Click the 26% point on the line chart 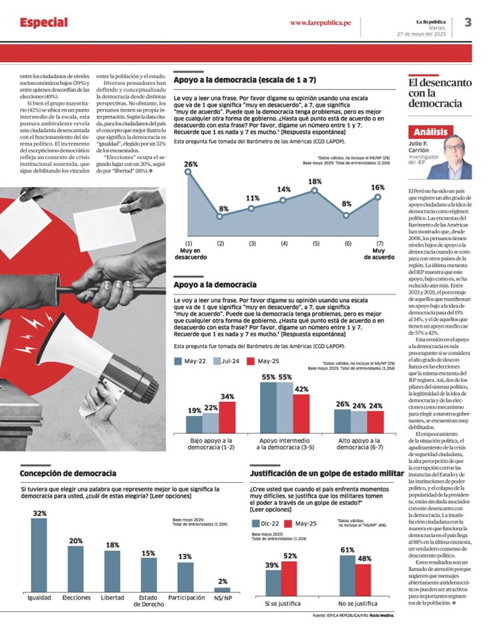pyautogui.click(x=188, y=171)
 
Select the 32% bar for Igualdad pyautogui.click(x=39, y=555)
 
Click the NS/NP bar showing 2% pyautogui.click(x=222, y=589)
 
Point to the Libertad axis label pyautogui.click(x=112, y=597)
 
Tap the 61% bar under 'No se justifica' pyautogui.click(x=347, y=576)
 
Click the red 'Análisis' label pyautogui.click(x=430, y=132)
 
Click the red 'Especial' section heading pyautogui.click(x=43, y=23)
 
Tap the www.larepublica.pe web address pyautogui.click(x=320, y=23)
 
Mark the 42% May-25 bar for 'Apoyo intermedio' pyautogui.click(x=301, y=415)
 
